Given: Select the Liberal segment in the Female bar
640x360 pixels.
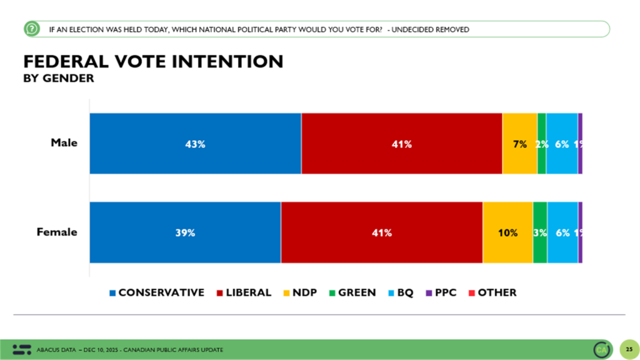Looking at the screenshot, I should click(381, 232).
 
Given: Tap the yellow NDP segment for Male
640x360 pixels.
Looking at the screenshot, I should click(519, 144).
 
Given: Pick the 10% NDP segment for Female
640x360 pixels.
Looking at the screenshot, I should click(507, 232).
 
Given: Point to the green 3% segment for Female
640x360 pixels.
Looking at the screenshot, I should click(540, 232).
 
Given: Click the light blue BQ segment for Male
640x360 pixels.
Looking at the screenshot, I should click(561, 144).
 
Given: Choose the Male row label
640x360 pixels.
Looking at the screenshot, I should click(64, 143).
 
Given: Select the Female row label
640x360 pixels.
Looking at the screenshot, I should click(57, 232).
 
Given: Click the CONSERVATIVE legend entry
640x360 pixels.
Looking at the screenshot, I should click(157, 292).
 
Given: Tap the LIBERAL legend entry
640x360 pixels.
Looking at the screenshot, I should click(244, 292).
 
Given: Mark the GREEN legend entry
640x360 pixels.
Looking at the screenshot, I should click(352, 292).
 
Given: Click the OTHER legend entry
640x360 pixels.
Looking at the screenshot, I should click(492, 292).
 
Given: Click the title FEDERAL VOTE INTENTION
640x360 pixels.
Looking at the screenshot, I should click(153, 61).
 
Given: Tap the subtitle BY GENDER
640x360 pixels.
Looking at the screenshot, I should click(59, 79).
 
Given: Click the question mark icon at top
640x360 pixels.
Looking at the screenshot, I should click(31, 29).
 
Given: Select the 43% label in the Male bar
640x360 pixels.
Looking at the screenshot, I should click(196, 144).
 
